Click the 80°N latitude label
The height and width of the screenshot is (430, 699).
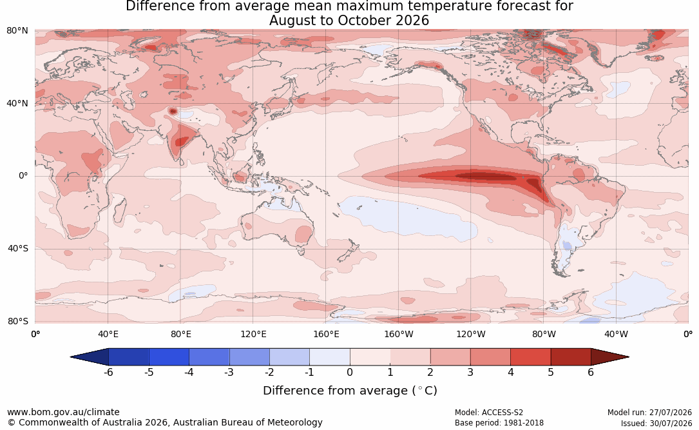(17, 31)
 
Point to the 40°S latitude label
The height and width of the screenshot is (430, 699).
(17, 248)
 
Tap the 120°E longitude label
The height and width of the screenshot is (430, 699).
(253, 334)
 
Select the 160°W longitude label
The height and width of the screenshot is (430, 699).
(399, 334)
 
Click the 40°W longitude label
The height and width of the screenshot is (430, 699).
(616, 334)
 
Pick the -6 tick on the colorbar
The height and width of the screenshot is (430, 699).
(108, 372)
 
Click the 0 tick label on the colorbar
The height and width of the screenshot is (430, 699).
(350, 372)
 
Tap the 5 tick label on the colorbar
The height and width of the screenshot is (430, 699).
(551, 372)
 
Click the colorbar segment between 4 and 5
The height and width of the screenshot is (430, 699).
(531, 357)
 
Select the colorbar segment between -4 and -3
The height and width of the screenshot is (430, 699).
(209, 357)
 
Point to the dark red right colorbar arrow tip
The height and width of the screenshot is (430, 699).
(629, 357)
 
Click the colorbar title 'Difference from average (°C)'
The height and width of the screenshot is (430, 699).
(350, 391)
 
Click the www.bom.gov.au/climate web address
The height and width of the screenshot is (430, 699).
(63, 412)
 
